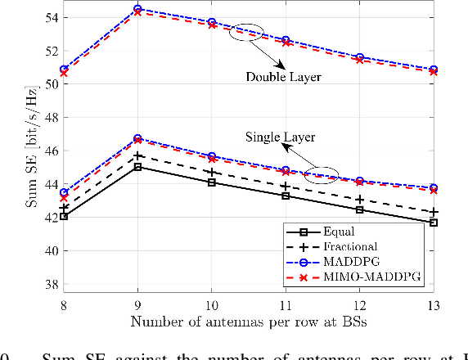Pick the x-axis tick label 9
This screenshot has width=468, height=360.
(x=137, y=304)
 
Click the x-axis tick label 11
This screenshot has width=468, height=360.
(x=286, y=304)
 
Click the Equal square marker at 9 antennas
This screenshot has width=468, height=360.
(x=137, y=167)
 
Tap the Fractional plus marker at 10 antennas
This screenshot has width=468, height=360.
(x=211, y=173)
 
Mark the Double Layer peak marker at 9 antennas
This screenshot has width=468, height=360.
(x=137, y=10)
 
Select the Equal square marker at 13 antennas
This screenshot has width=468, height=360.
(x=434, y=223)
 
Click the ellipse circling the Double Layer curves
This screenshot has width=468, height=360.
(x=246, y=33)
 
